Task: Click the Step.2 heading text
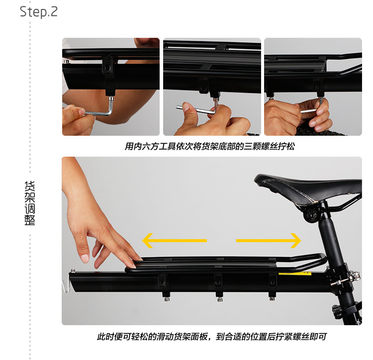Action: tap(39, 11)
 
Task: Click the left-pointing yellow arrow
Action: tap(174, 241)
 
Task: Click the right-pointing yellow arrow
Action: tap(269, 241)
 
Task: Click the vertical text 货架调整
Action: tap(30, 204)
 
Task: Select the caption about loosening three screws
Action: tap(213, 147)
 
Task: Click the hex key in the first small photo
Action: tap(99, 110)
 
